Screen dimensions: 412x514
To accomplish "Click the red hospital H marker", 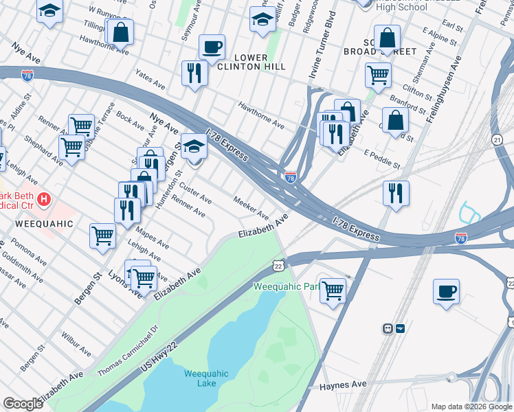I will pyautogui.click(x=44, y=200).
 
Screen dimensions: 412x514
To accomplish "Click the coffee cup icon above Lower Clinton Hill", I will pyautogui.click(x=212, y=47).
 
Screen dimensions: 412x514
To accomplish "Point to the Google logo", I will pyautogui.click(x=23, y=403).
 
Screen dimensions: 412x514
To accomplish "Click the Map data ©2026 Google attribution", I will pyautogui.click(x=471, y=407).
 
